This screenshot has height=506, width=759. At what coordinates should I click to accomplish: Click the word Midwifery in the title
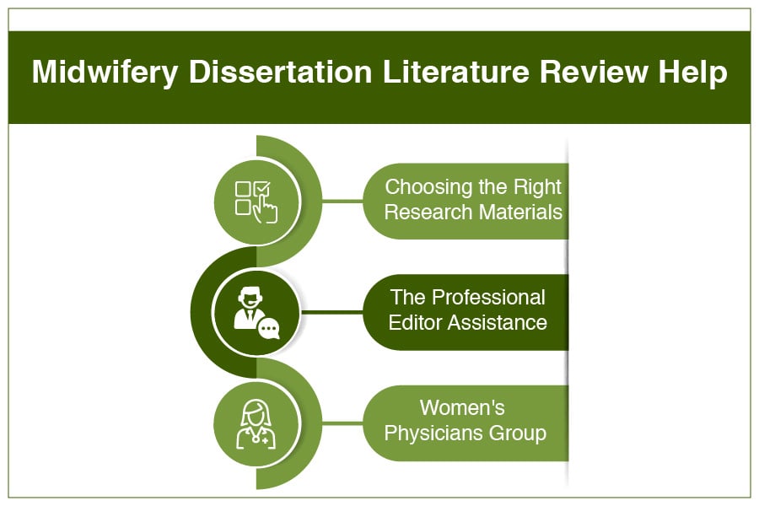point(105,73)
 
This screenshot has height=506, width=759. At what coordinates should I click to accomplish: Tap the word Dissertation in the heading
point(281,72)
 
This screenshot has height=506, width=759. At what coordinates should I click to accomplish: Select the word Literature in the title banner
point(456,72)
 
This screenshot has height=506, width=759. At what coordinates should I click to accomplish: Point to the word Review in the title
point(594,72)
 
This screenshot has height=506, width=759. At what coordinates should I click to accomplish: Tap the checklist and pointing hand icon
point(256,202)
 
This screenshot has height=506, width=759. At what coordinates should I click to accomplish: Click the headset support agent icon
point(256,313)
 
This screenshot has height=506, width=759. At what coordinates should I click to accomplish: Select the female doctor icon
point(256,423)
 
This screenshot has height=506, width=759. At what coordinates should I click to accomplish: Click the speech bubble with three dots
point(269,329)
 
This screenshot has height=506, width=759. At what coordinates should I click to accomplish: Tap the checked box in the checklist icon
point(262,188)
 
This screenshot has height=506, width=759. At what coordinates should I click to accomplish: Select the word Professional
point(488,298)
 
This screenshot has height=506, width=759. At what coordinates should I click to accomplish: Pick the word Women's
point(462,407)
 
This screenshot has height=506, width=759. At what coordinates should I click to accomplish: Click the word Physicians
point(433,433)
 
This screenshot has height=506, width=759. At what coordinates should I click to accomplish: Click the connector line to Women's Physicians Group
point(342,423)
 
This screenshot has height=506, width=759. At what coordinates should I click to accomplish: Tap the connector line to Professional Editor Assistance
point(332,312)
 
